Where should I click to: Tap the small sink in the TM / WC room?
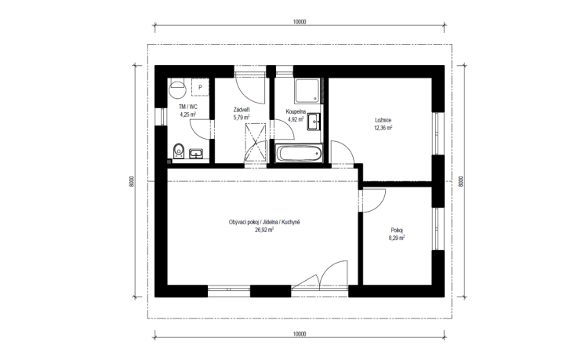(x=196, y=152)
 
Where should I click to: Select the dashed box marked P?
(x=200, y=88)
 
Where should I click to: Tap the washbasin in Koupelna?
(x=314, y=121)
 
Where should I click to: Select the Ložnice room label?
(x=384, y=120)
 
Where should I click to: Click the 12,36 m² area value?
(x=384, y=127)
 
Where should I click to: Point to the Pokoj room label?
(x=397, y=231)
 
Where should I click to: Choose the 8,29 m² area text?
(x=397, y=238)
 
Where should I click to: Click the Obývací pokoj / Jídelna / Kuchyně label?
(x=264, y=223)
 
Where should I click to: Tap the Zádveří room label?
(x=242, y=110)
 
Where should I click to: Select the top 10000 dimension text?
(x=299, y=23)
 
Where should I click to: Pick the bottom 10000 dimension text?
(x=299, y=335)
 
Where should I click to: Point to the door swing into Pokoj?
(x=372, y=200)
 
